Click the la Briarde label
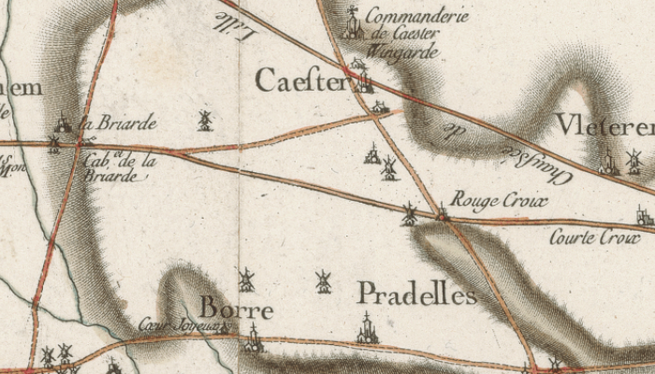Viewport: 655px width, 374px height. pyautogui.click(x=118, y=122)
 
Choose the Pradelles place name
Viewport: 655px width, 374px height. pyautogui.click(x=416, y=295)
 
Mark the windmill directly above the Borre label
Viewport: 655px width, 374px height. pyautogui.click(x=246, y=279)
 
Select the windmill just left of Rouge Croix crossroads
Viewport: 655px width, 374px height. pyautogui.click(x=409, y=214)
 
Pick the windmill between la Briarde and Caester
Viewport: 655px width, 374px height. pyautogui.click(x=204, y=120)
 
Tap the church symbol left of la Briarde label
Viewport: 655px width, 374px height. pyautogui.click(x=63, y=122)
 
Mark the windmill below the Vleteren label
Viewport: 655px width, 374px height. pyautogui.click(x=633, y=160)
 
